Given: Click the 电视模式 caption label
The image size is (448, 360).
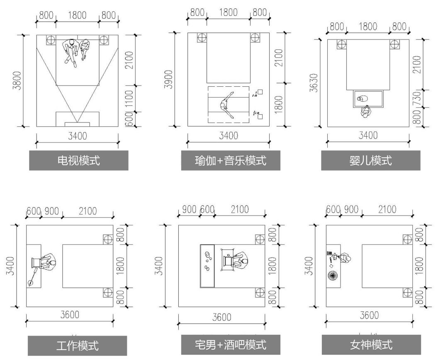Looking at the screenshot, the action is click(78, 160).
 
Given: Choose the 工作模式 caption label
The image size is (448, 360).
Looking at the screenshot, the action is click(78, 345).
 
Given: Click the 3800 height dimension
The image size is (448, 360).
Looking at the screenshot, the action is click(17, 81).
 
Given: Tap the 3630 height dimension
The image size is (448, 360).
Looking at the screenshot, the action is click(314, 83).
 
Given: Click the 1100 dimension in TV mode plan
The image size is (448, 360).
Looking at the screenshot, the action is click(129, 99).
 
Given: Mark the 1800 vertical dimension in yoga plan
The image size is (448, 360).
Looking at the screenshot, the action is click(279, 104).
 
